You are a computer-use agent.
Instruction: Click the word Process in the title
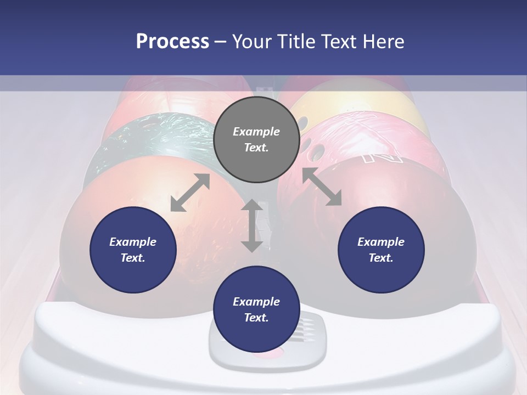coord(172,41)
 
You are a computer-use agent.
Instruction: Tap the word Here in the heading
coord(384,41)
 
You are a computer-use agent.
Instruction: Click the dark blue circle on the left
coord(133,250)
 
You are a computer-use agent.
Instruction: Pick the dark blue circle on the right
coord(381,250)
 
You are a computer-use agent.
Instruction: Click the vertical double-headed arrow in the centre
coord(252,225)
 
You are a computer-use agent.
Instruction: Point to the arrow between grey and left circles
coord(190,192)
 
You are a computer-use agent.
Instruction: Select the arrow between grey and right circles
coord(322,187)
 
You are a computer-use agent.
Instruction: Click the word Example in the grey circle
coord(256,132)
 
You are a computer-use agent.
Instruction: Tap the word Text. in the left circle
coord(133,258)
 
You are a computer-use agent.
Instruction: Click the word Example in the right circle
coord(381,242)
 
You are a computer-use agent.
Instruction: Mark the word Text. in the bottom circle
coord(256,318)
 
